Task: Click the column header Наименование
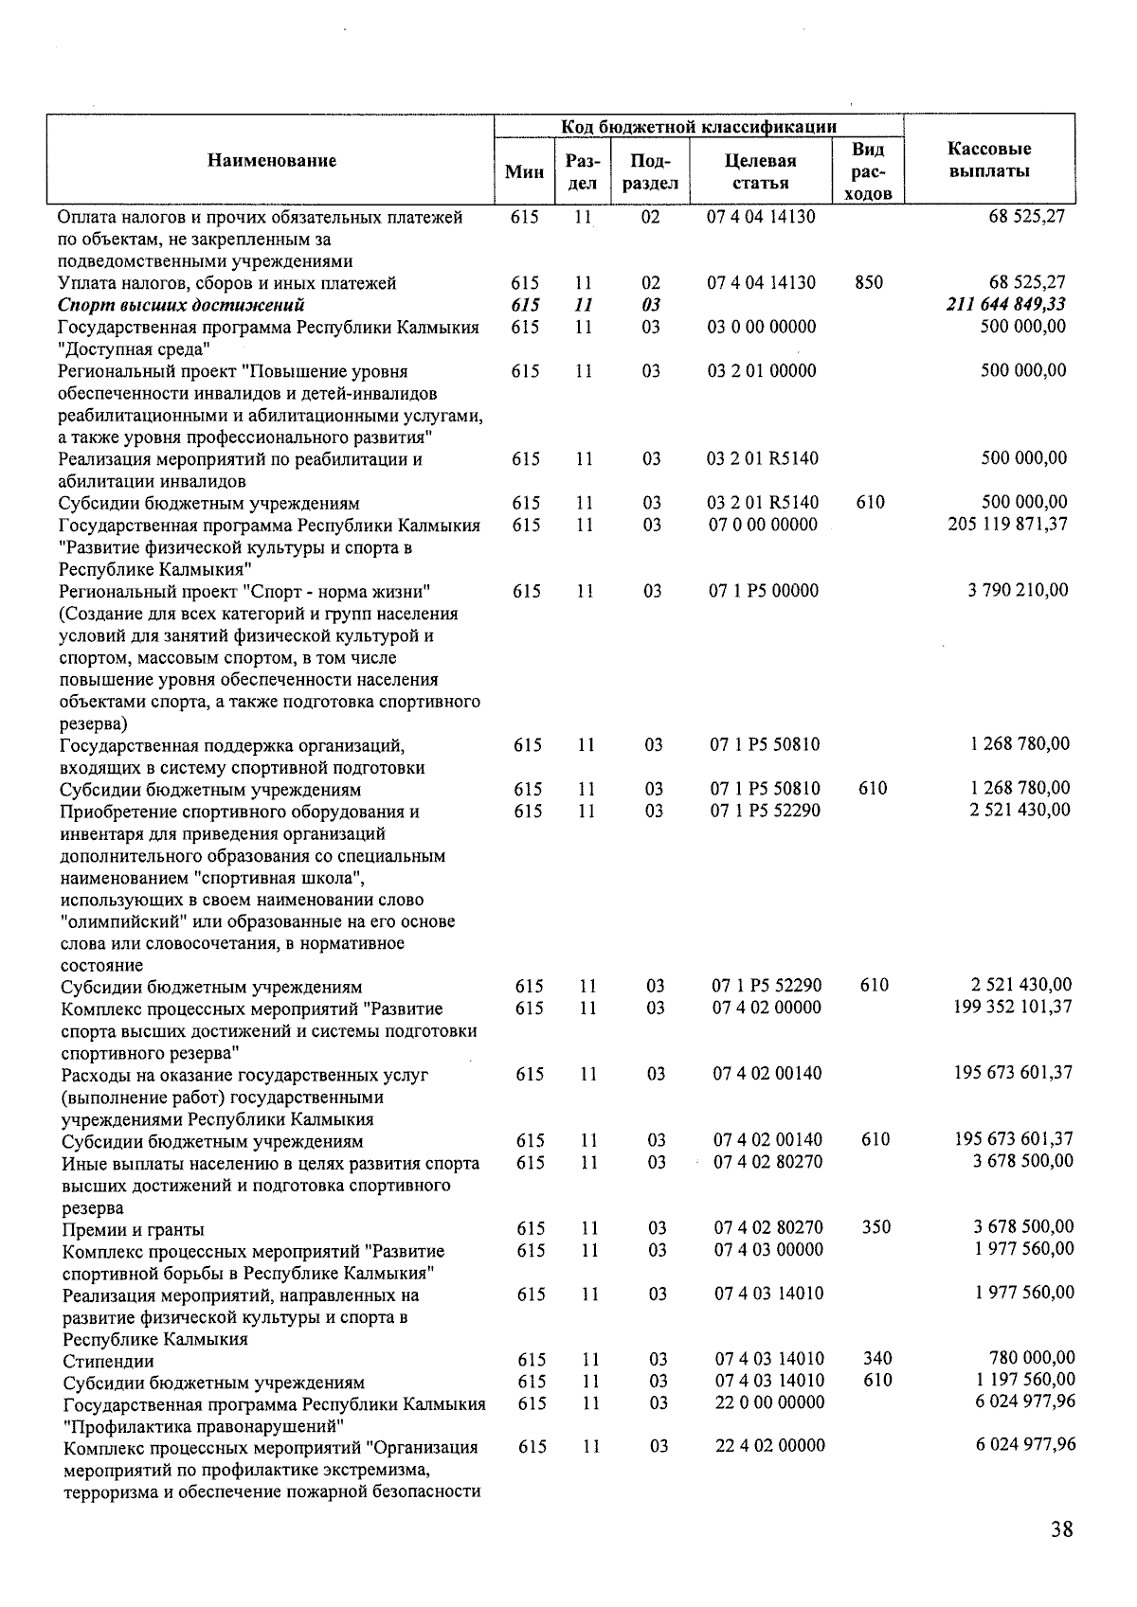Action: [272, 161]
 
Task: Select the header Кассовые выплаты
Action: [989, 160]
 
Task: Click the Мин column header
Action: [524, 171]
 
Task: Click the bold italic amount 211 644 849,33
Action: [1006, 305]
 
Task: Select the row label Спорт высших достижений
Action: [181, 305]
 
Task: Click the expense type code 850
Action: [868, 283]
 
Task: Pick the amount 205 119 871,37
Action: [1007, 525]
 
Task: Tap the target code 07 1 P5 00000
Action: [765, 591]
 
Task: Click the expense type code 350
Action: [876, 1227]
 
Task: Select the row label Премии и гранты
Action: [133, 1230]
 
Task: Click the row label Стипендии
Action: [108, 1362]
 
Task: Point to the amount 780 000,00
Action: [1032, 1359]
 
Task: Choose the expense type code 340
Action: [877, 1359]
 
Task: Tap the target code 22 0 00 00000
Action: [769, 1402]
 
